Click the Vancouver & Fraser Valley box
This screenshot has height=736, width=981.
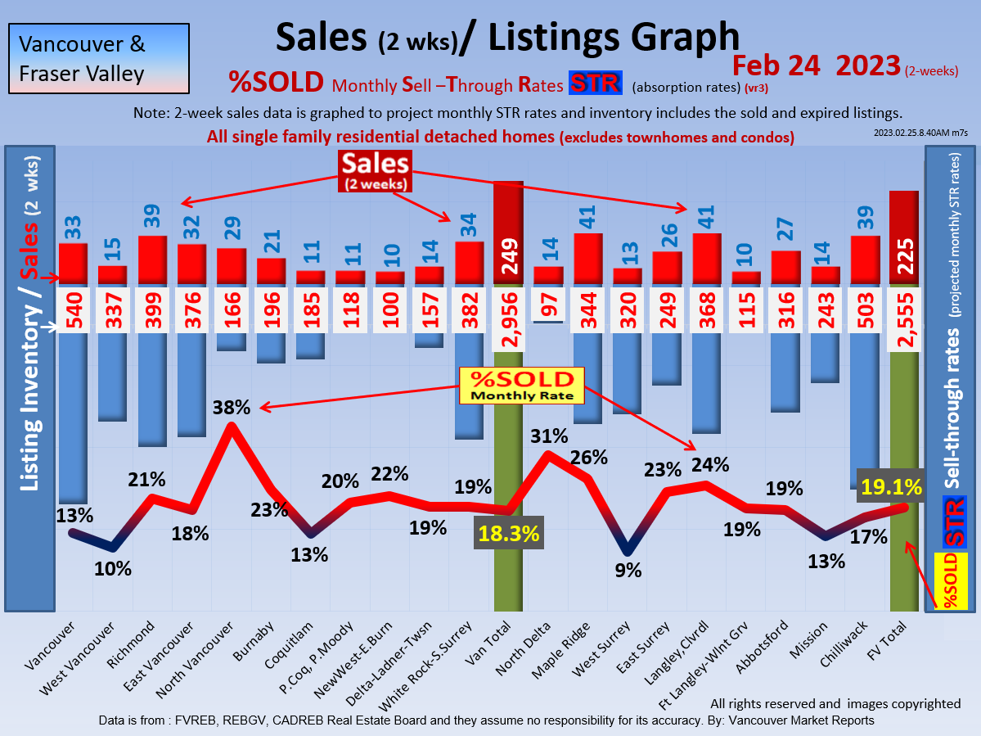tap(99, 58)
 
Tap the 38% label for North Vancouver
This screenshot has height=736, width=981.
tap(231, 407)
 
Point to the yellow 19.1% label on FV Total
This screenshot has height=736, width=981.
tap(891, 488)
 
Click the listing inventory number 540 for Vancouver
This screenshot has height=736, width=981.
tap(73, 311)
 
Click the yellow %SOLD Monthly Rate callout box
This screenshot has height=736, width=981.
tap(522, 386)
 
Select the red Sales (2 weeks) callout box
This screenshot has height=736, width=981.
tap(376, 171)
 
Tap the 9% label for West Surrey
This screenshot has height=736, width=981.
tap(628, 571)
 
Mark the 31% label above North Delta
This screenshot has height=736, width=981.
tap(549, 436)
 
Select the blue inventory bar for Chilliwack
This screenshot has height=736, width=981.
tap(866, 401)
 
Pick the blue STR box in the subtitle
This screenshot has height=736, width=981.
tap(595, 84)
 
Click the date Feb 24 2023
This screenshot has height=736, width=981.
tap(816, 65)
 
